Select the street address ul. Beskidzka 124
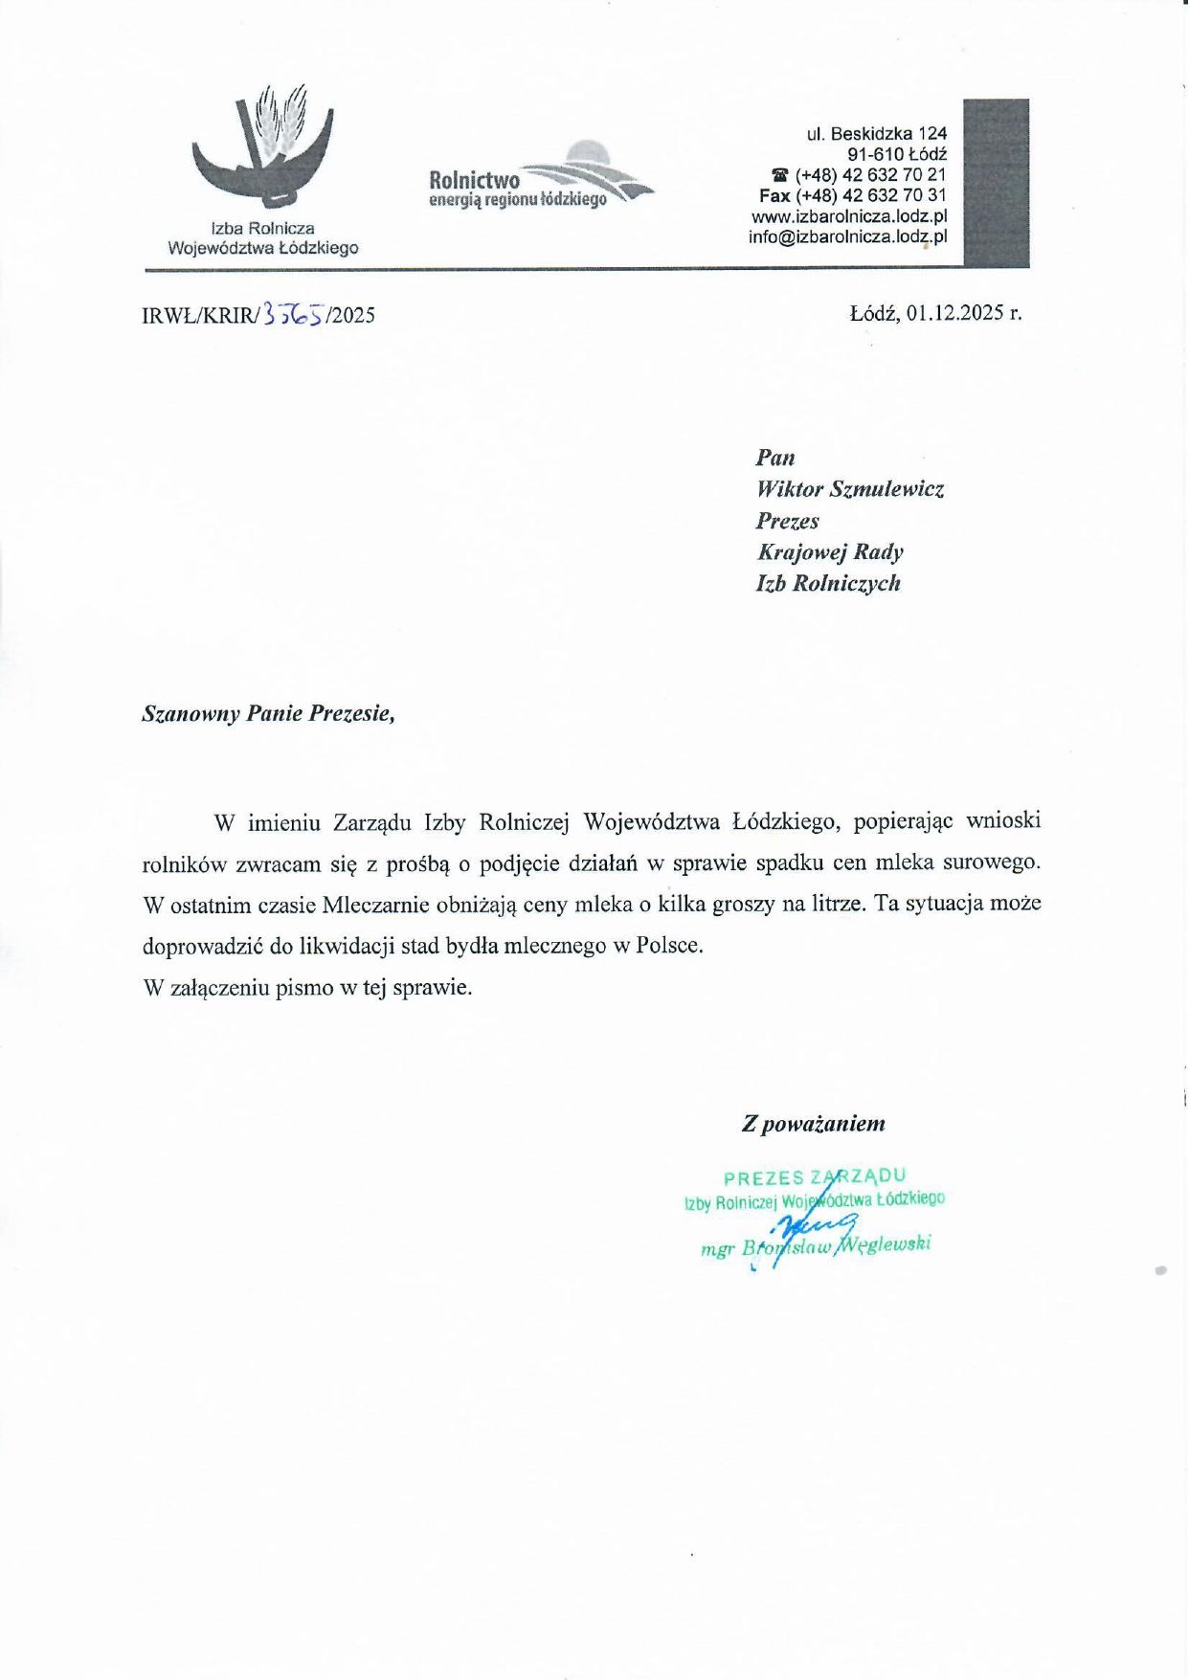coord(876,134)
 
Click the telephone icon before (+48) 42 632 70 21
coord(780,175)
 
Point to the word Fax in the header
coord(774,196)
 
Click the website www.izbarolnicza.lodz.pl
coord(849,217)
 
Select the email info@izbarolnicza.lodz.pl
coord(847,237)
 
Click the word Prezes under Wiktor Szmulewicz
coord(787,521)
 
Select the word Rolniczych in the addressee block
coord(846,583)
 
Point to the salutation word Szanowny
coord(191,713)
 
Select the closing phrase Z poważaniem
coord(813,1124)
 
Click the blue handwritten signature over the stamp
coord(809,1228)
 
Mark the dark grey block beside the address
coord(996,182)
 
